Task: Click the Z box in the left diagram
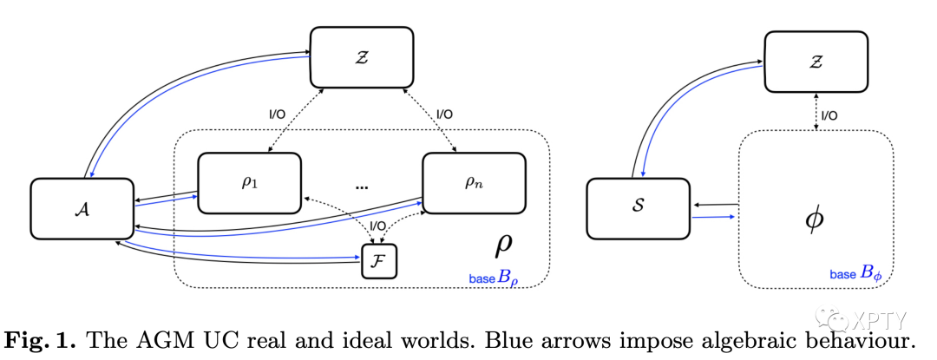click(362, 57)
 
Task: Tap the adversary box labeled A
click(82, 208)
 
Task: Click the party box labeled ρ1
click(249, 183)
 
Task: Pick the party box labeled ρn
click(474, 183)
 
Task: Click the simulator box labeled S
click(638, 208)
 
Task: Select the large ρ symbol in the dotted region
click(504, 245)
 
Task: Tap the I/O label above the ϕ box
click(829, 115)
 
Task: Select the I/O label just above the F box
click(377, 226)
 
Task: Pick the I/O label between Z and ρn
click(445, 113)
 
